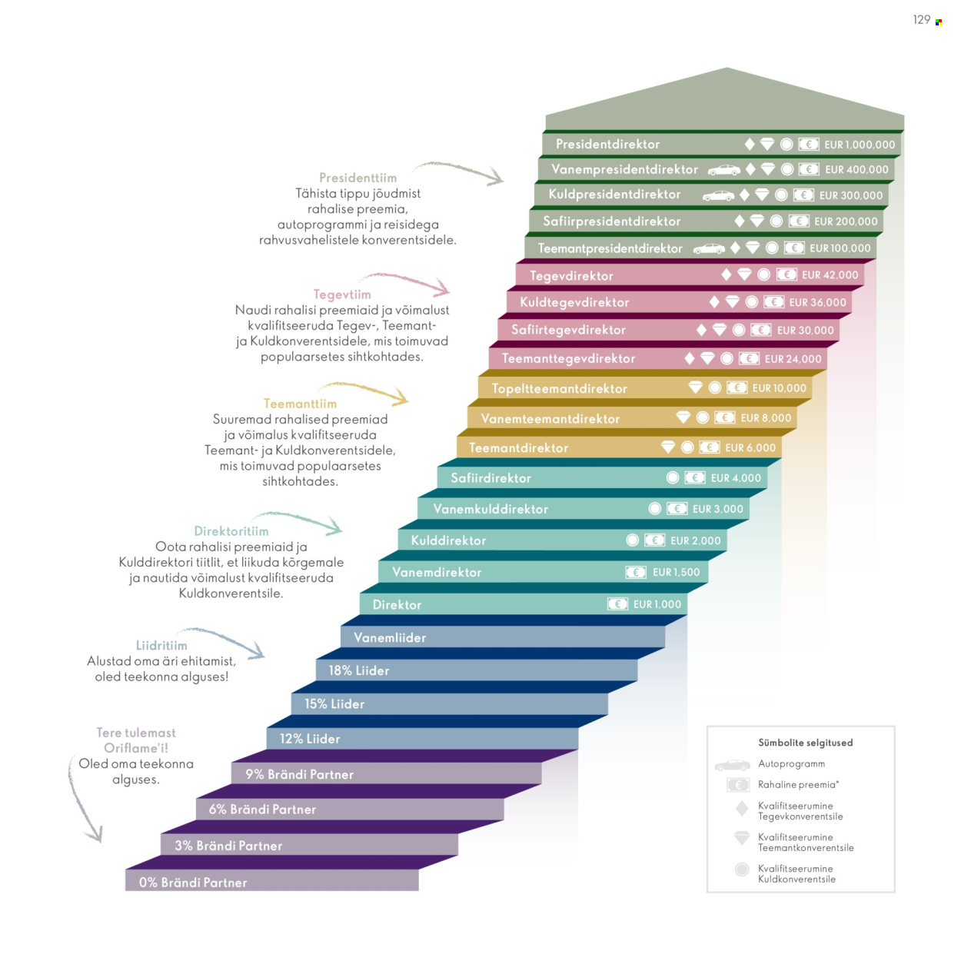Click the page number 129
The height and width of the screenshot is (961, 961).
(x=921, y=20)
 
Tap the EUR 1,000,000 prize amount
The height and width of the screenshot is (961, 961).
(x=860, y=145)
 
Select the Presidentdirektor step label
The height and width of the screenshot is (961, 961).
(x=607, y=145)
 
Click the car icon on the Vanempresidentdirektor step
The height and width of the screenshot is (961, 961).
(x=723, y=170)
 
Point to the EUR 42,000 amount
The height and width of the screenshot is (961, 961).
(x=830, y=275)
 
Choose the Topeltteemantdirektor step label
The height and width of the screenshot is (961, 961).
(x=559, y=389)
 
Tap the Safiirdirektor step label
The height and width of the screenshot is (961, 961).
(x=490, y=478)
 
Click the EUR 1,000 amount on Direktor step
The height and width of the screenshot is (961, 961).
(x=657, y=605)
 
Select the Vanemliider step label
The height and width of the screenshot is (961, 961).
(x=390, y=638)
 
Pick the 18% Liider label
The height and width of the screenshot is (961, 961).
(x=359, y=671)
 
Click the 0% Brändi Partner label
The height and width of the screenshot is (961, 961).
(x=193, y=883)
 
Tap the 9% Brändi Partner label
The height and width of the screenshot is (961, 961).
(x=299, y=775)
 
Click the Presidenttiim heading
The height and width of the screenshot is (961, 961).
(x=357, y=178)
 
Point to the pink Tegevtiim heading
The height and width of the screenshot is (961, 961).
(x=341, y=294)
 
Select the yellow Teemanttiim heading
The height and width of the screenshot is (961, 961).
(x=300, y=404)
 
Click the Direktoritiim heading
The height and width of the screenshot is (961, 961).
(x=231, y=531)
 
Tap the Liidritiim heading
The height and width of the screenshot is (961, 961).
(x=161, y=646)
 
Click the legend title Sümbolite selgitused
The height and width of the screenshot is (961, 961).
(x=805, y=743)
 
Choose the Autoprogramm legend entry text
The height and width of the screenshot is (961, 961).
(x=791, y=764)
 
